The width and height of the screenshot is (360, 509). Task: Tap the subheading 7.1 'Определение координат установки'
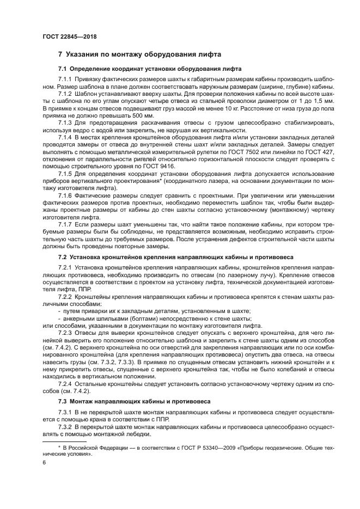[x=150, y=69]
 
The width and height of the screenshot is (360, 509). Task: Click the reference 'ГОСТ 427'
[x=319, y=153]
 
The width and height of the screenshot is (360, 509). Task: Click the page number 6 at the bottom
[x=45, y=463]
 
